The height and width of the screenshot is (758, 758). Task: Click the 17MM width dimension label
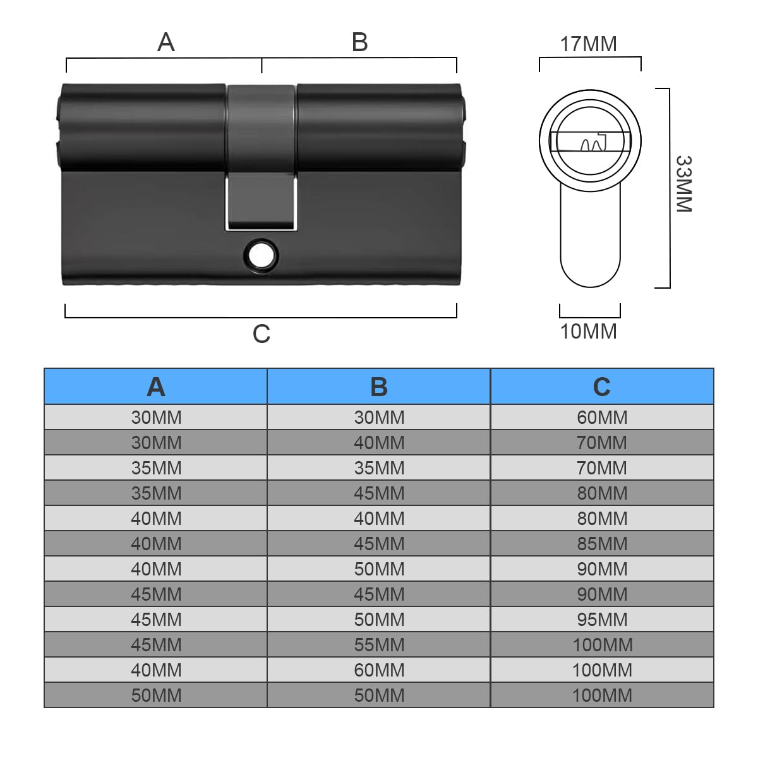point(589,44)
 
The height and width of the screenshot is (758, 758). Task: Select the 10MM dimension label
point(589,331)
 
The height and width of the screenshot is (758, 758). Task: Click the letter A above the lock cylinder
point(166,42)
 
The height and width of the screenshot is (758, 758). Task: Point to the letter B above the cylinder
point(359,42)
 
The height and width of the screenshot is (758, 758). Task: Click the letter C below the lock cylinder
point(262,334)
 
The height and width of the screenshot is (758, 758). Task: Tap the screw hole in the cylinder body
point(261,256)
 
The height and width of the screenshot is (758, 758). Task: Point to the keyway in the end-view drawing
point(590,141)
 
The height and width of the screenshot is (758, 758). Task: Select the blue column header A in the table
point(156,387)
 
